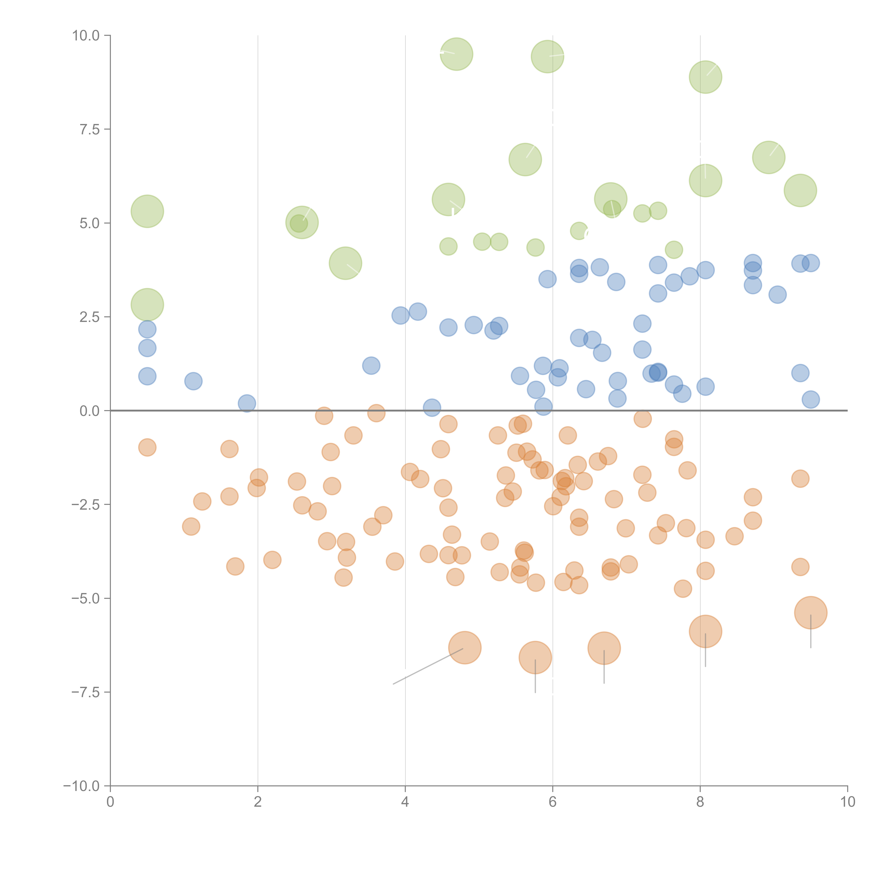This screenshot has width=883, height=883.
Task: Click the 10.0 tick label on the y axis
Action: point(86,36)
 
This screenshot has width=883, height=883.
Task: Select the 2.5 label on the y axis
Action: point(90,317)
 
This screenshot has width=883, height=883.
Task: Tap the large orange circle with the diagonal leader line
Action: point(465,648)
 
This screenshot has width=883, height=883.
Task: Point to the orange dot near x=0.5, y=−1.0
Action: point(147,448)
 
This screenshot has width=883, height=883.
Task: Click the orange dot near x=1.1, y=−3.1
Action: point(191,526)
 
